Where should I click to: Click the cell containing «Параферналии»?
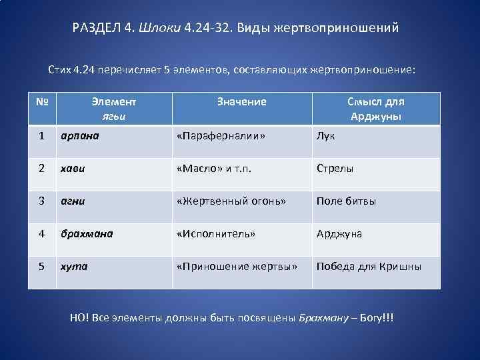click(221, 136)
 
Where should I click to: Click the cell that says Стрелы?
click(335, 169)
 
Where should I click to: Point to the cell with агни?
click(73, 201)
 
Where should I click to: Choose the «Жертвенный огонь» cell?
click(231, 201)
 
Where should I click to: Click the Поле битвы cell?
click(346, 201)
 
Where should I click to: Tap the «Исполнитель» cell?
click(216, 234)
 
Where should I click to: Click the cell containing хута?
click(73, 267)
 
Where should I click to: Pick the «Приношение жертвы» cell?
click(237, 267)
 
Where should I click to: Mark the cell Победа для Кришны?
click(369, 267)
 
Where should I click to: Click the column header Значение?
click(241, 102)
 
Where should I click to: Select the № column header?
click(42, 102)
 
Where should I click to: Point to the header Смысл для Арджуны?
click(375, 109)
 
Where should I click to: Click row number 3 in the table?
click(42, 201)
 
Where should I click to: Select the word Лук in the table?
click(326, 136)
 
